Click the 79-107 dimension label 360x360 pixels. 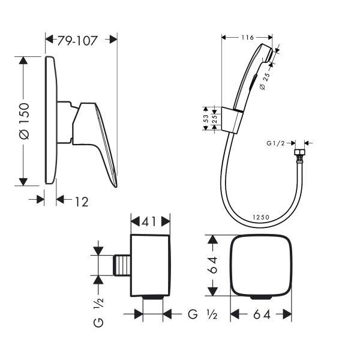77,41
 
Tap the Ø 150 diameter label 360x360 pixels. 25,121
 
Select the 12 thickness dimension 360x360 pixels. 82,202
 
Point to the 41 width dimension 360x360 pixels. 149,222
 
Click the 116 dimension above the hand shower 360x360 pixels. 247,37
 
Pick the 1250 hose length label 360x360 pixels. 261,217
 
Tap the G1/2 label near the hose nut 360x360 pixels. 275,143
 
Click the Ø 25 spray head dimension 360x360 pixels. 266,81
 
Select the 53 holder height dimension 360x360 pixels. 206,119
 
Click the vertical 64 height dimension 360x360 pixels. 213,265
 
